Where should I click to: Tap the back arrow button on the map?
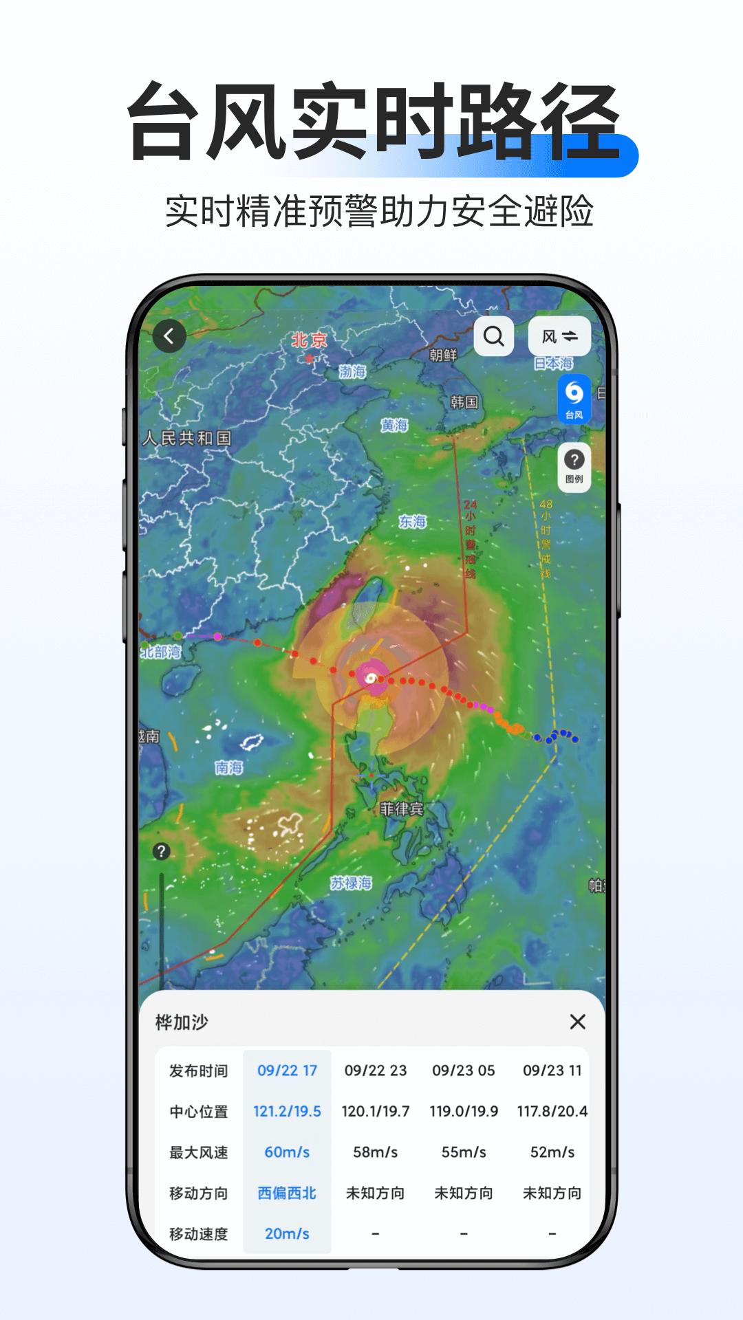169,336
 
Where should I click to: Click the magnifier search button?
494,336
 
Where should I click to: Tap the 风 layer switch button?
559,336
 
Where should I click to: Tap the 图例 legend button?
574,467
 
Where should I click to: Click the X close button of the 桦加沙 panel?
578,1022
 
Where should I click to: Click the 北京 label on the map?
309,340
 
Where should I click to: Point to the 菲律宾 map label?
401,809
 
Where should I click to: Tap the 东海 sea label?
413,522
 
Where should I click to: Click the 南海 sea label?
228,767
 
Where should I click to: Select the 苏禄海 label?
351,883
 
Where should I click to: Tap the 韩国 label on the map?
464,402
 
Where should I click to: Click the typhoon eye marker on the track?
371,679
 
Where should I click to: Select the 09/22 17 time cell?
287,1070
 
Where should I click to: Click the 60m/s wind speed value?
287,1152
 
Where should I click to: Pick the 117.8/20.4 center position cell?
552,1112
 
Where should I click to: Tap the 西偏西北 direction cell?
287,1193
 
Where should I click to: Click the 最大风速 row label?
198,1153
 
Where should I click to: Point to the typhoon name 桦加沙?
182,1022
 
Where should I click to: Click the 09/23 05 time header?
464,1070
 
